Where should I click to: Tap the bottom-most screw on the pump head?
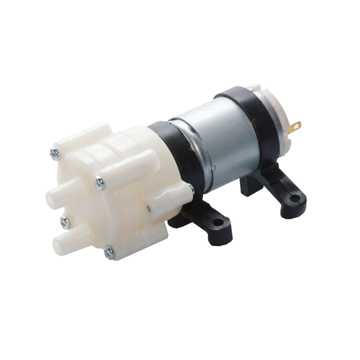[109, 252]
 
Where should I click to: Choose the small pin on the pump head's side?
[149, 208]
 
